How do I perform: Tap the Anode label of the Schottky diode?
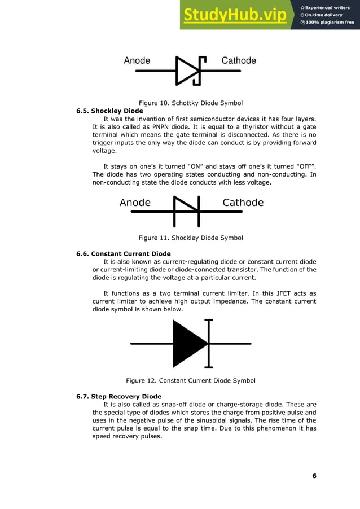click(x=137, y=60)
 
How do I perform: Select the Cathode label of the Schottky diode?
click(x=239, y=60)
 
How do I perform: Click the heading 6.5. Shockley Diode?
click(x=109, y=111)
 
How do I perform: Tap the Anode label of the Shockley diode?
click(x=135, y=203)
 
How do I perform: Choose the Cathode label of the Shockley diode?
click(x=243, y=203)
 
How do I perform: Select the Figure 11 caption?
click(x=191, y=238)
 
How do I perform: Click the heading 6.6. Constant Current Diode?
click(x=123, y=253)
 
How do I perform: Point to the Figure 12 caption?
click(x=191, y=380)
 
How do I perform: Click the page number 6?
click(x=314, y=476)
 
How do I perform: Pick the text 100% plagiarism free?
click(x=330, y=22)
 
